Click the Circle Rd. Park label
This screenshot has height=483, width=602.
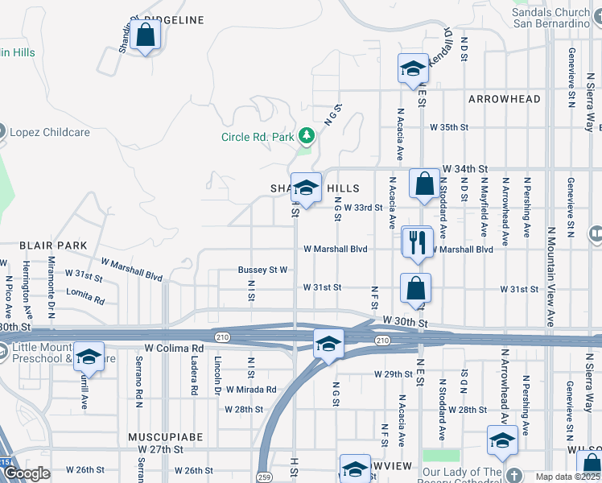[258, 137]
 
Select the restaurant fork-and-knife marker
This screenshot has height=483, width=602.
[417, 243]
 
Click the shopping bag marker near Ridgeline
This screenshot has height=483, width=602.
[145, 35]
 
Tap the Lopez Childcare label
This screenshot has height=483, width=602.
[48, 131]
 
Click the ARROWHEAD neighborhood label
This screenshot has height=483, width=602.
[505, 99]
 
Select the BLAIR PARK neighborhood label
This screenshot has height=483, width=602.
[54, 244]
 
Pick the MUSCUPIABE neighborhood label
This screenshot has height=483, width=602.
[166, 436]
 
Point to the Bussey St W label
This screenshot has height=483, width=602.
[263, 270]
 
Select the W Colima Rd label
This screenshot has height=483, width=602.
[174, 348]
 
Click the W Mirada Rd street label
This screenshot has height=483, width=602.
[251, 390]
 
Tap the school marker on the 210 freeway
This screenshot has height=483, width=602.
[328, 344]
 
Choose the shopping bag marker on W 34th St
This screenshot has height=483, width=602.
[423, 184]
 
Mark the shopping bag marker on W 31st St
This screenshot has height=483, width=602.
[416, 288]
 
